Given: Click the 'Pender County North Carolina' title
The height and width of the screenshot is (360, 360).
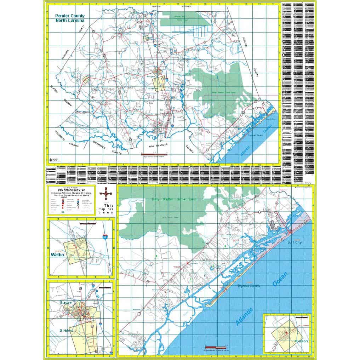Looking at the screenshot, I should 70,18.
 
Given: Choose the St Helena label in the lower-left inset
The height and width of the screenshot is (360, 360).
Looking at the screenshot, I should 66,330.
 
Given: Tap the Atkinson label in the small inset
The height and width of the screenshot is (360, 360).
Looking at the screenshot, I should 301,341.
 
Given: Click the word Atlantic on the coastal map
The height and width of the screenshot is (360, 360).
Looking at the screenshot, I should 245,316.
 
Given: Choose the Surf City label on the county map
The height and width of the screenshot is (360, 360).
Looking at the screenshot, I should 271,120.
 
